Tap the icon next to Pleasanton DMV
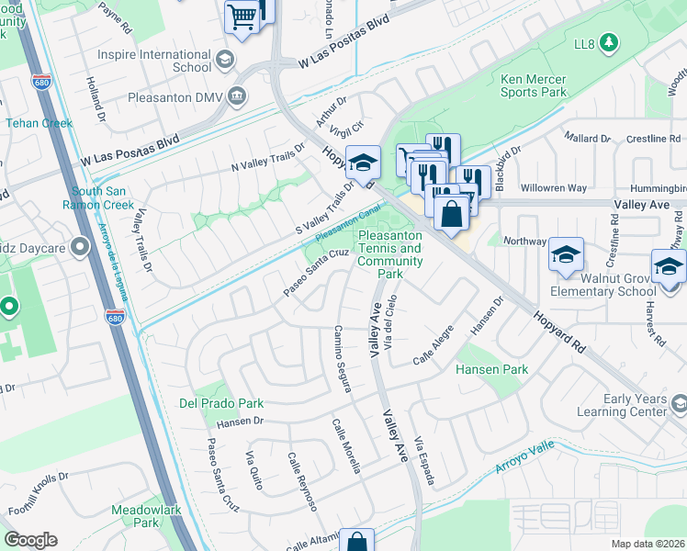pyautogui.click(x=237, y=96)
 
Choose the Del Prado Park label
pyautogui.click(x=221, y=403)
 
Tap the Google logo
pyautogui.click(x=30, y=540)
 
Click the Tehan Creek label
pyautogui.click(x=39, y=122)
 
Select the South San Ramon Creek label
pyautogui.click(x=104, y=197)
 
